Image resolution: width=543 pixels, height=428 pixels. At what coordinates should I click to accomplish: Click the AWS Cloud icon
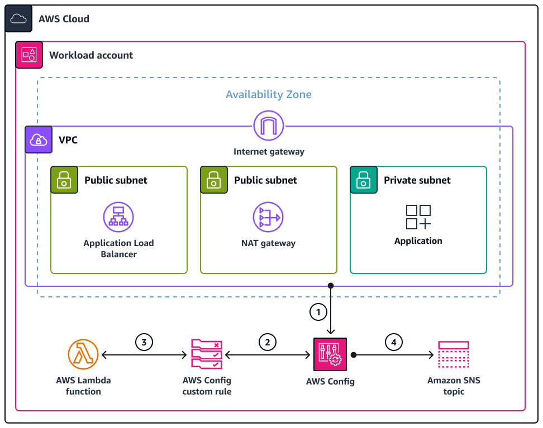click(x=18, y=19)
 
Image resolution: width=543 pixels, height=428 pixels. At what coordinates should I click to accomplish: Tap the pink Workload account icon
click(x=29, y=55)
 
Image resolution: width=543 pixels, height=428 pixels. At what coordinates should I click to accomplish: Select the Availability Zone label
click(x=268, y=94)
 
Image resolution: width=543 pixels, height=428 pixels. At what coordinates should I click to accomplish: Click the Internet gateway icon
click(x=269, y=126)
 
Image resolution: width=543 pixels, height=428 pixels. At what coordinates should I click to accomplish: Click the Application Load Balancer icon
click(x=118, y=217)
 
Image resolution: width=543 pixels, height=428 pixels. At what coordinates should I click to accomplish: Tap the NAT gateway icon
click(x=268, y=217)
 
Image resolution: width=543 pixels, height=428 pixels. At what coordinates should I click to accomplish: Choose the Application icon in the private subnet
click(x=418, y=217)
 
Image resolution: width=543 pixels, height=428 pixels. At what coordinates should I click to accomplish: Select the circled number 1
click(x=318, y=312)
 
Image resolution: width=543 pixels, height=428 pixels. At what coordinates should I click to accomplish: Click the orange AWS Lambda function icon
click(x=83, y=354)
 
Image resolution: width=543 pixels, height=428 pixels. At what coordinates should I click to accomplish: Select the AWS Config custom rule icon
click(x=207, y=354)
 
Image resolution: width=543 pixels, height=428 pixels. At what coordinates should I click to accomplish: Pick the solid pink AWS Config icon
click(x=330, y=354)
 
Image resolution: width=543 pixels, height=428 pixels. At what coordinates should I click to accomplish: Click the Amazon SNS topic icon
click(x=454, y=354)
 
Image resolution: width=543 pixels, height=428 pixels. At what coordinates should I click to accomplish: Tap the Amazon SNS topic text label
click(x=454, y=386)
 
